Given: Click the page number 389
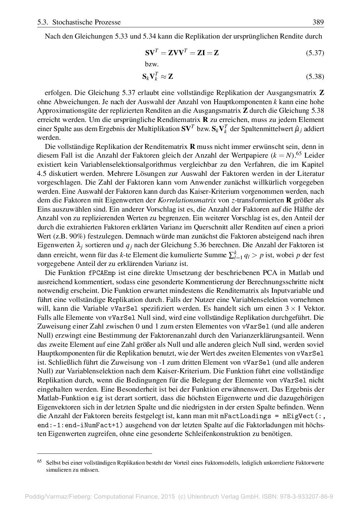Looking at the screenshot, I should pos(318,22).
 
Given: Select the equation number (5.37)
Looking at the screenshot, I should pos(315,53).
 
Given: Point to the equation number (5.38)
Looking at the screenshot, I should pos(315,77).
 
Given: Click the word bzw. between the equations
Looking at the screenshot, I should pos(152,65).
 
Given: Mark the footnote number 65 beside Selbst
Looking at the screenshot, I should pos(40,461).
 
